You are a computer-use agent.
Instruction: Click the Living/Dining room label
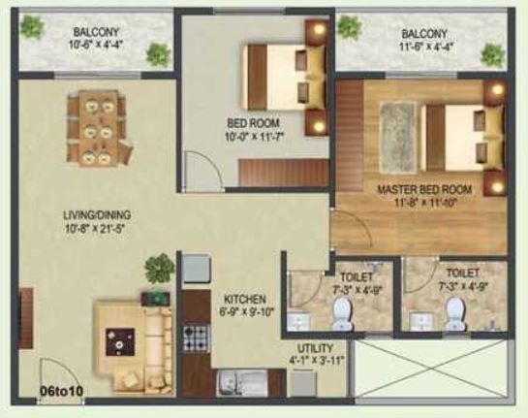[97, 214]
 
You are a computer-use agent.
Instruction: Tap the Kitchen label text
[245, 299]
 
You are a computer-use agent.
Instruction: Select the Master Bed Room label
[424, 189]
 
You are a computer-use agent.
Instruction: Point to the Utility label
[315, 348]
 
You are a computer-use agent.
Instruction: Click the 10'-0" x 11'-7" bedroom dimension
[255, 137]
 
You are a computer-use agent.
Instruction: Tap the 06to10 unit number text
[61, 391]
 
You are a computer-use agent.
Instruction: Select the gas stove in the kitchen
[197, 339]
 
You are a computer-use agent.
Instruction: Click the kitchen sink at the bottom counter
[242, 383]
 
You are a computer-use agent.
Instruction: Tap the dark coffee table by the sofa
[120, 341]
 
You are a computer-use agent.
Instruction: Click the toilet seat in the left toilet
[342, 314]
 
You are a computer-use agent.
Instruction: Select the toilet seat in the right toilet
[455, 314]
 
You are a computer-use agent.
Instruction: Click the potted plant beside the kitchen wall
[160, 268]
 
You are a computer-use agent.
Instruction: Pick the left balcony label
[96, 32]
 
